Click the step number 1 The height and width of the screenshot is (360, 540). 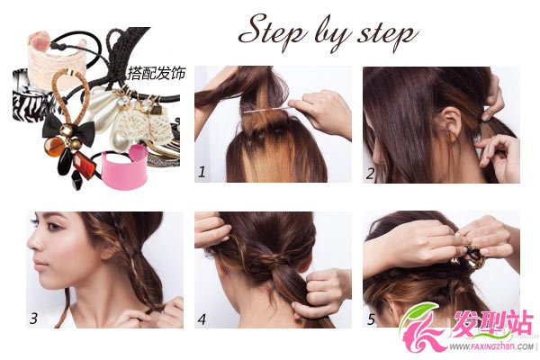tap(202, 171)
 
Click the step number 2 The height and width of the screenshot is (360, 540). tap(370, 173)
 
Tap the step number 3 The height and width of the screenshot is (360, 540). tap(33, 319)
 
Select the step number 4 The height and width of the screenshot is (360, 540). tap(202, 319)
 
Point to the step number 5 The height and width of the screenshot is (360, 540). tap(371, 319)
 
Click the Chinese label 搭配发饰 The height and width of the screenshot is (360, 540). tap(157, 74)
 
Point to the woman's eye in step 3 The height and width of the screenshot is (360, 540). tap(52, 226)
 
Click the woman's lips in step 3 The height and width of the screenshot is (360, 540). tap(40, 265)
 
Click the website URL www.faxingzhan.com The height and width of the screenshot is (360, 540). tap(493, 346)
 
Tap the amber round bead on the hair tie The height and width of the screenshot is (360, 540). tap(54, 147)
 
